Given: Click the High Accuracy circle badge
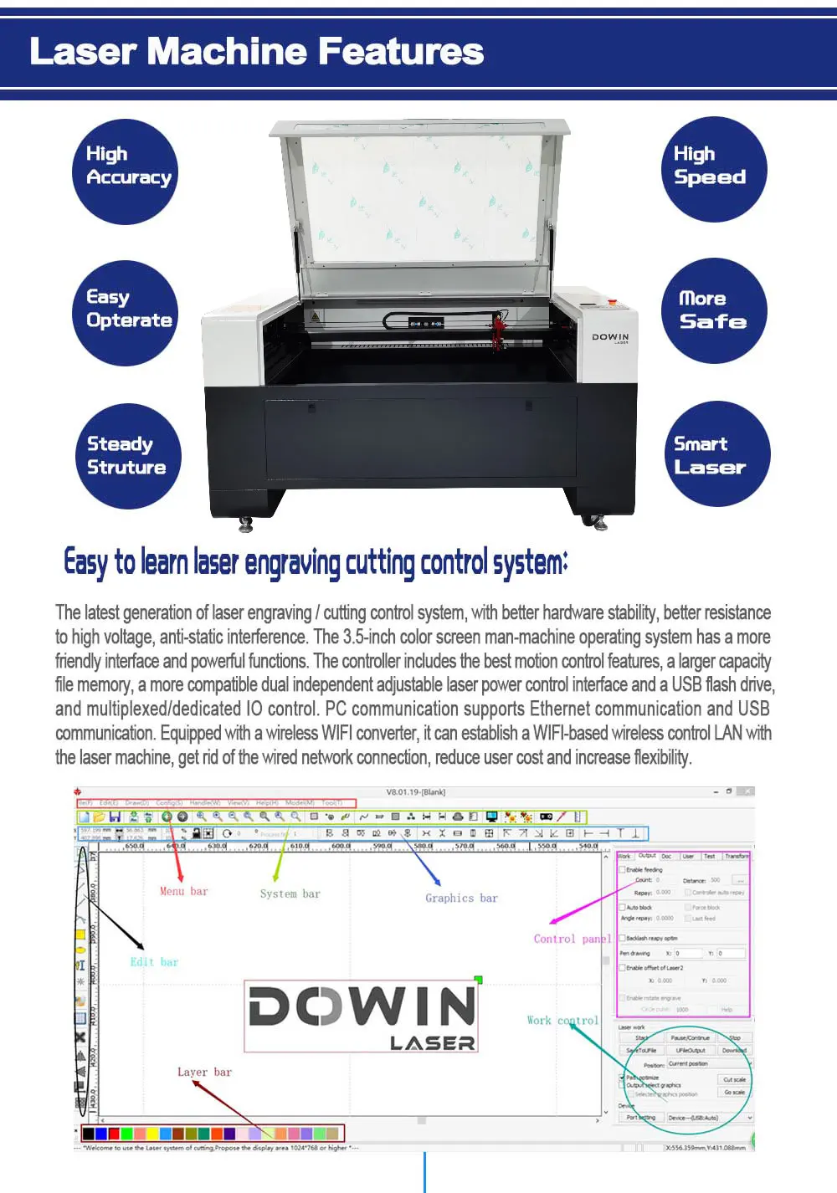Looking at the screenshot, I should pyautogui.click(x=126, y=172).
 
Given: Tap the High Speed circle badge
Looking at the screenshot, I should pyautogui.click(x=713, y=169).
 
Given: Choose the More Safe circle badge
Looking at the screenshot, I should pyautogui.click(x=713, y=311).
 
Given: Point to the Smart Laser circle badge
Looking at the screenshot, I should pyautogui.click(x=716, y=454).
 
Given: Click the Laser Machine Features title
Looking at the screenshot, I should pyautogui.click(x=256, y=52).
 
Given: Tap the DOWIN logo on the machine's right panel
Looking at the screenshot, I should pyautogui.click(x=610, y=337).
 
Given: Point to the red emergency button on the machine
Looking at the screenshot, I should pyautogui.click(x=612, y=302).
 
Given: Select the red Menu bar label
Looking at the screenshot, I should pyautogui.click(x=183, y=892).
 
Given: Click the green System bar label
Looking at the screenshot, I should pyautogui.click(x=290, y=894).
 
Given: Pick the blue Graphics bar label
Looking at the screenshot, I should pyautogui.click(x=461, y=899).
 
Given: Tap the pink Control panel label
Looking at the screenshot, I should pyautogui.click(x=572, y=940).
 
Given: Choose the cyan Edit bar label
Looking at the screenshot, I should pyautogui.click(x=154, y=962).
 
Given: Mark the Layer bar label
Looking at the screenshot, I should pyautogui.click(x=204, y=1073).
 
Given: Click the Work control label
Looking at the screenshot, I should pyautogui.click(x=562, y=1021).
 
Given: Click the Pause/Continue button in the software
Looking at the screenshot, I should pyautogui.click(x=690, y=1037).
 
